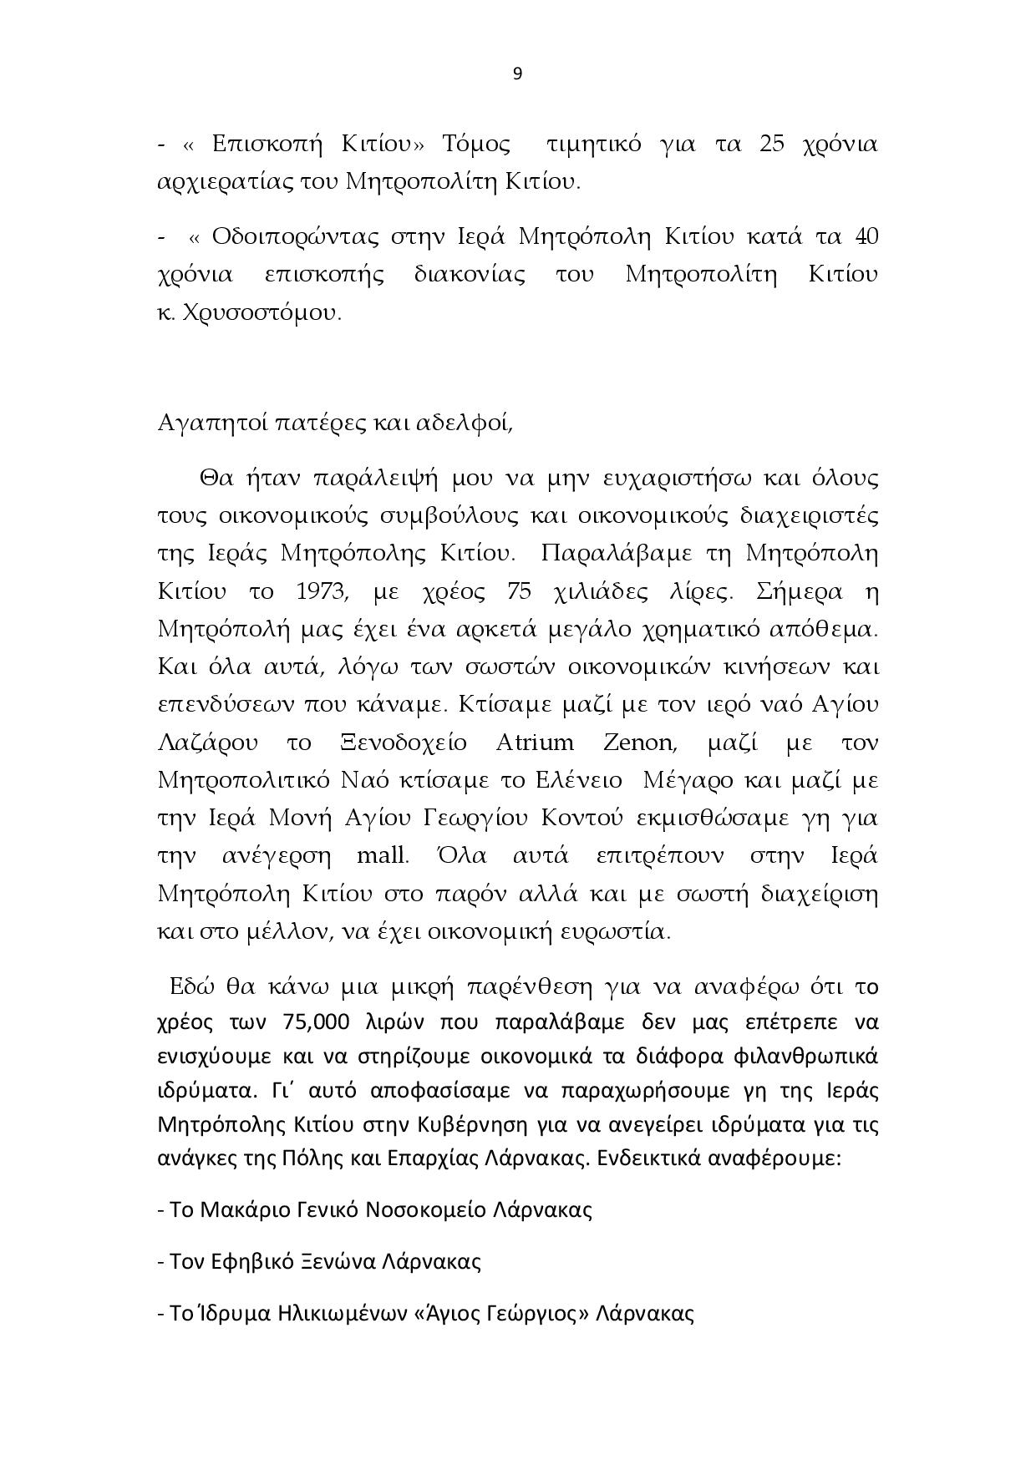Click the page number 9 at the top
[517, 74]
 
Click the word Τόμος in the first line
[476, 144]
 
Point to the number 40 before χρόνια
[866, 237]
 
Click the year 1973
[322, 592]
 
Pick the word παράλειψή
[375, 479]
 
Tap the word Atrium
[535, 743]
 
